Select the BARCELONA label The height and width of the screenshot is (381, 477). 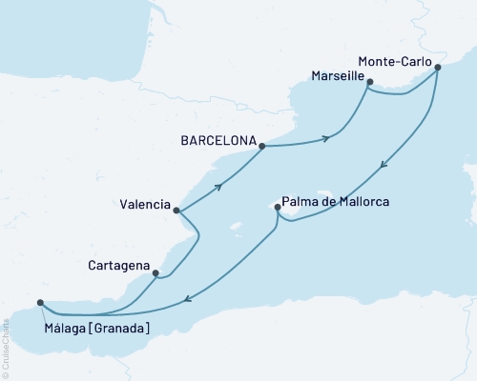coord(218,139)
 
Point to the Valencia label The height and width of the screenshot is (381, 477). coord(145,204)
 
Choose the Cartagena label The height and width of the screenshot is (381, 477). coord(116,264)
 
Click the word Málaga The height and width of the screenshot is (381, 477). coord(68,329)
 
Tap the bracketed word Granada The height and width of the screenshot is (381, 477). coord(122,329)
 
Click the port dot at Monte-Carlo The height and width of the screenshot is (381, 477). coord(437,67)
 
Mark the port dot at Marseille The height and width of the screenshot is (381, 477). coord(368,82)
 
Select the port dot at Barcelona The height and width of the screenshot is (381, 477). coord(259,145)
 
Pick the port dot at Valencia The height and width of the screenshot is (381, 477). coord(176,211)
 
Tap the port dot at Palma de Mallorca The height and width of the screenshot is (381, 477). coord(277,207)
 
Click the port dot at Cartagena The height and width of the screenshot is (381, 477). coord(156,273)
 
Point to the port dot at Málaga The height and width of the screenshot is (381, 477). coord(40,304)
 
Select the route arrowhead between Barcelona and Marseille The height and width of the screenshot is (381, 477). coord(327,139)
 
